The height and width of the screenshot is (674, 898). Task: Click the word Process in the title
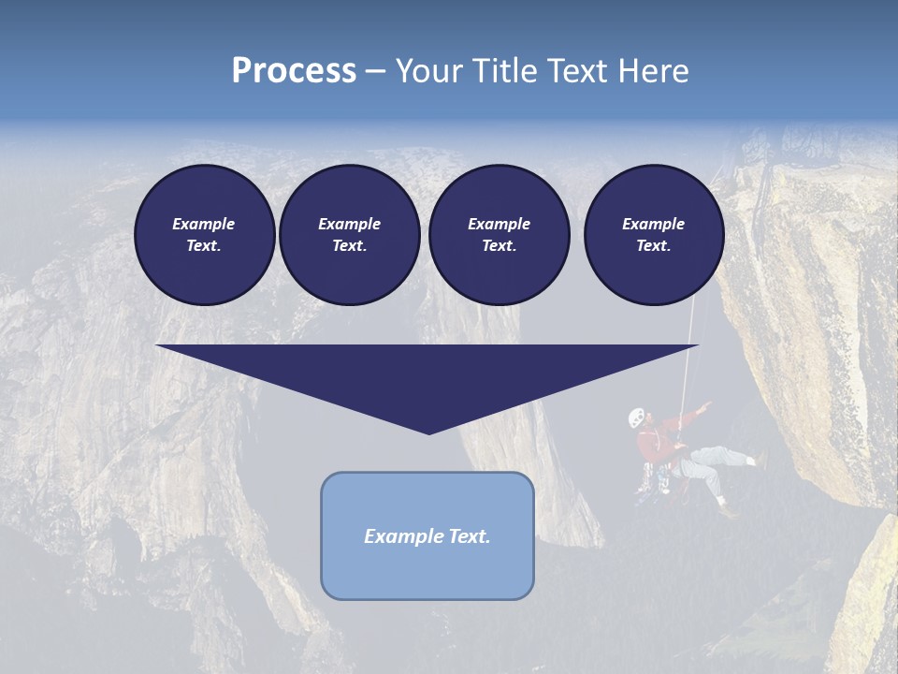point(294,71)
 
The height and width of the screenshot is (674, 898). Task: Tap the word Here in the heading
point(654,71)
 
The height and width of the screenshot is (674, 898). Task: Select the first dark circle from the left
point(204,234)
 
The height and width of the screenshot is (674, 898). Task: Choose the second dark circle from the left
point(349,234)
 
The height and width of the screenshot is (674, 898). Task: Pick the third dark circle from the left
point(499,234)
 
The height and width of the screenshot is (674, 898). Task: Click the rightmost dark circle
point(653,234)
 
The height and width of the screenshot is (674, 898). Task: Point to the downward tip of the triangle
point(428,432)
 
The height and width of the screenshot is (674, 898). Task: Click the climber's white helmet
point(636,417)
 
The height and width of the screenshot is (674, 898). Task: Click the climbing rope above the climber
point(688,365)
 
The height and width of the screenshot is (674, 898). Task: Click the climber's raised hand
point(707,406)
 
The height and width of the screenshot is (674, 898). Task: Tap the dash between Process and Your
point(375,72)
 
